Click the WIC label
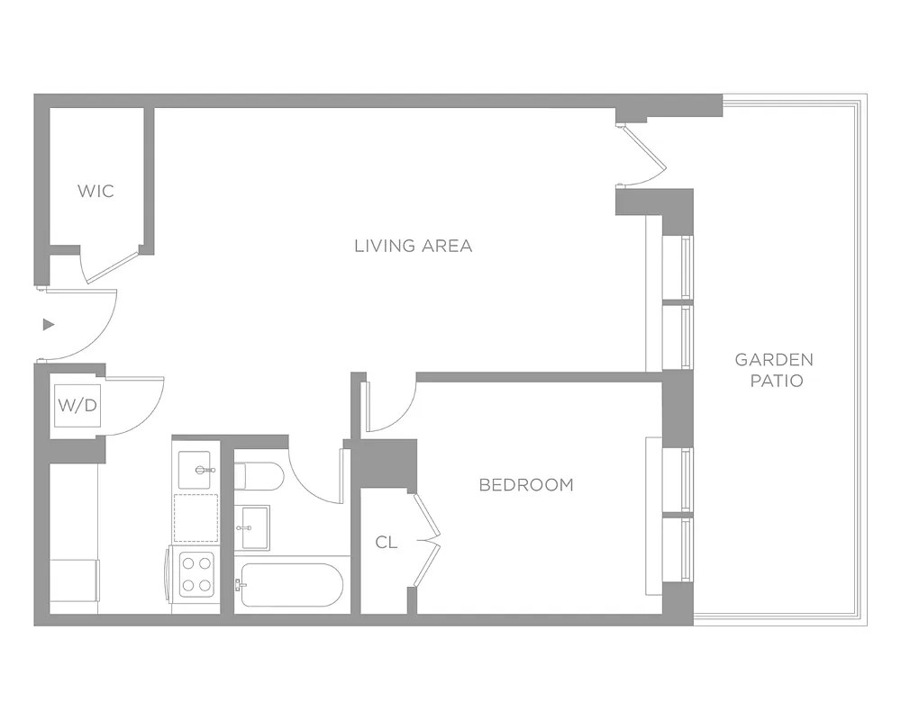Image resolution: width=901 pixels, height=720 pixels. pos(96,191)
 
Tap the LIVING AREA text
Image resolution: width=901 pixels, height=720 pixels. pos(413,246)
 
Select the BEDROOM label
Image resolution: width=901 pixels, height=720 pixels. pos(526,485)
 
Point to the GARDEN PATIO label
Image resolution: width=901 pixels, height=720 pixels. pos(774,370)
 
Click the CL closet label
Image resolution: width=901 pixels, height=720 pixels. pos(387,542)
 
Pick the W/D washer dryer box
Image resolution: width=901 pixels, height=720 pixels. pos(78,405)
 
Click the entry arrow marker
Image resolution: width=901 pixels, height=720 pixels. pos(49,324)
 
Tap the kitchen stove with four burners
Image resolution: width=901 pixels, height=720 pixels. pos(196,573)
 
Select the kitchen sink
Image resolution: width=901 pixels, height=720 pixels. pos(197,469)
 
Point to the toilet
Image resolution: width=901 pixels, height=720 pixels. pos(258,475)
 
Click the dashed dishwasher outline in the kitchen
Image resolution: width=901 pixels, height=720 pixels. pos(196,517)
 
